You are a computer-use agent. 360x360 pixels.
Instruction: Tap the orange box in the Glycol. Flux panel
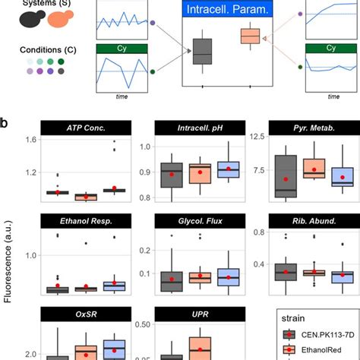point(200,278)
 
